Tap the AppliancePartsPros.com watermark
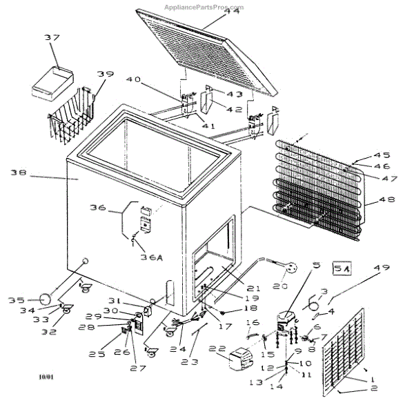pyautogui.click(x=204, y=5)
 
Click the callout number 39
pyautogui.click(x=105, y=75)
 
